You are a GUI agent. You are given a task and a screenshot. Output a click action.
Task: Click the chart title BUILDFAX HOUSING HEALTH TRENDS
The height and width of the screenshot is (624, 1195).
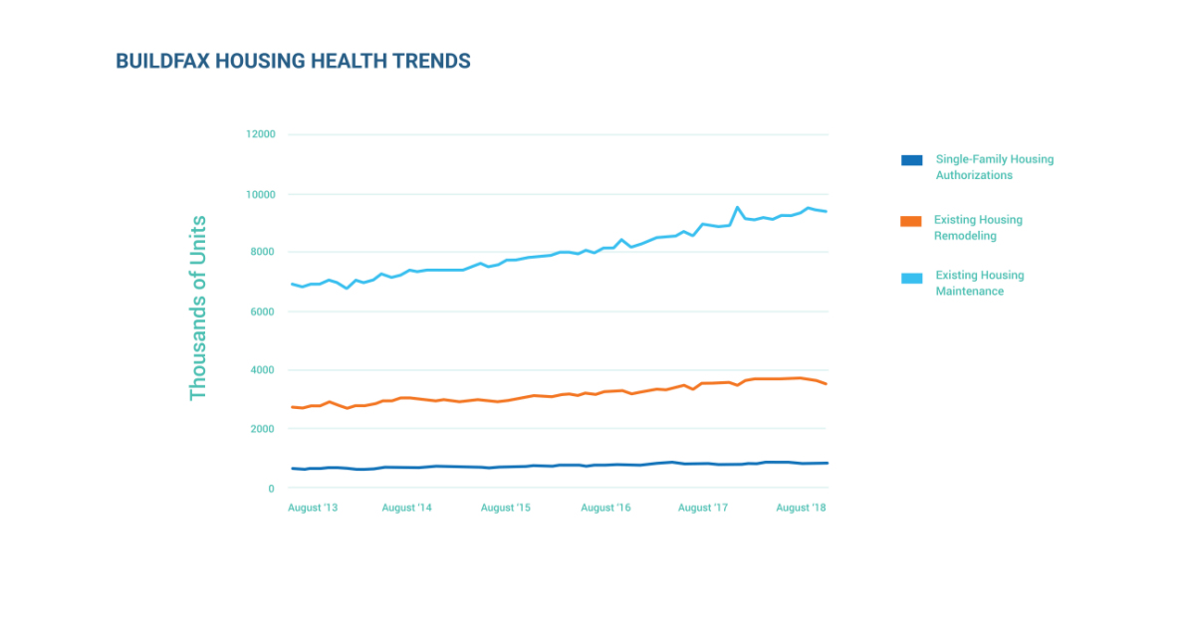(293, 62)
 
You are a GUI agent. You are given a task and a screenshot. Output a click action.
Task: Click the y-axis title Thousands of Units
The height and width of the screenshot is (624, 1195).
(198, 309)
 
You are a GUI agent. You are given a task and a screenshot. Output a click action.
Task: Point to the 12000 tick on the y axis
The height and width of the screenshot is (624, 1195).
(261, 134)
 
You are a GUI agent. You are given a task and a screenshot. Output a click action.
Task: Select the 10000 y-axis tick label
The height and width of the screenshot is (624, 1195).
(261, 194)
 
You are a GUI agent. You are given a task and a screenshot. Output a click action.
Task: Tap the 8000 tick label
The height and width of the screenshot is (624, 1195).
(263, 252)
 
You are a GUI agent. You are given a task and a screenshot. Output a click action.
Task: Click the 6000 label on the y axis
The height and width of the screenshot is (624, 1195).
(263, 312)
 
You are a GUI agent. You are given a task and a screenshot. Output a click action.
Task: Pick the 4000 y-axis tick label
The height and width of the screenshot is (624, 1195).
(263, 370)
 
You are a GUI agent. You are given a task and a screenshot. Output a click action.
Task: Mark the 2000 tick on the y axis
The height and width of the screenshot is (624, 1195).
(263, 429)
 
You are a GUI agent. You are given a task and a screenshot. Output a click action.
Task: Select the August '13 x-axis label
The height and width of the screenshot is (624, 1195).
(313, 508)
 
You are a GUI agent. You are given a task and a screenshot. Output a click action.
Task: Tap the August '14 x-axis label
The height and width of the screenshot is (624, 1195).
(406, 508)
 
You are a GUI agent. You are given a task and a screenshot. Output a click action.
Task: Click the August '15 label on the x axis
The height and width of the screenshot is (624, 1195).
(506, 508)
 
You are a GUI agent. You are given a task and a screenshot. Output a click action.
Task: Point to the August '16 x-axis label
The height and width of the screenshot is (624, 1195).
(605, 508)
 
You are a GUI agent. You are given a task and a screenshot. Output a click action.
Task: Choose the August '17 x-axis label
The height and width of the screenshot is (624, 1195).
(703, 508)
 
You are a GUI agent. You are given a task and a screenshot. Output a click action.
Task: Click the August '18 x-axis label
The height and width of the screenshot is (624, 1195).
(801, 508)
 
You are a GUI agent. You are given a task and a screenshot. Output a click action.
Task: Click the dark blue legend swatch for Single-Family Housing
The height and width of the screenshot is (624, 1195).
(911, 160)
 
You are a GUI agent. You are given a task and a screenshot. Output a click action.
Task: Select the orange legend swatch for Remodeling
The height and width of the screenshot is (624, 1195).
(911, 221)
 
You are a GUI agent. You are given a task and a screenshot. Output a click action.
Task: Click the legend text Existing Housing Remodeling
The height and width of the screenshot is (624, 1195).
(978, 228)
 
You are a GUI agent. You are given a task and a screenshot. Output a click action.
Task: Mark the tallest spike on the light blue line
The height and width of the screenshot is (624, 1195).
(737, 207)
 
